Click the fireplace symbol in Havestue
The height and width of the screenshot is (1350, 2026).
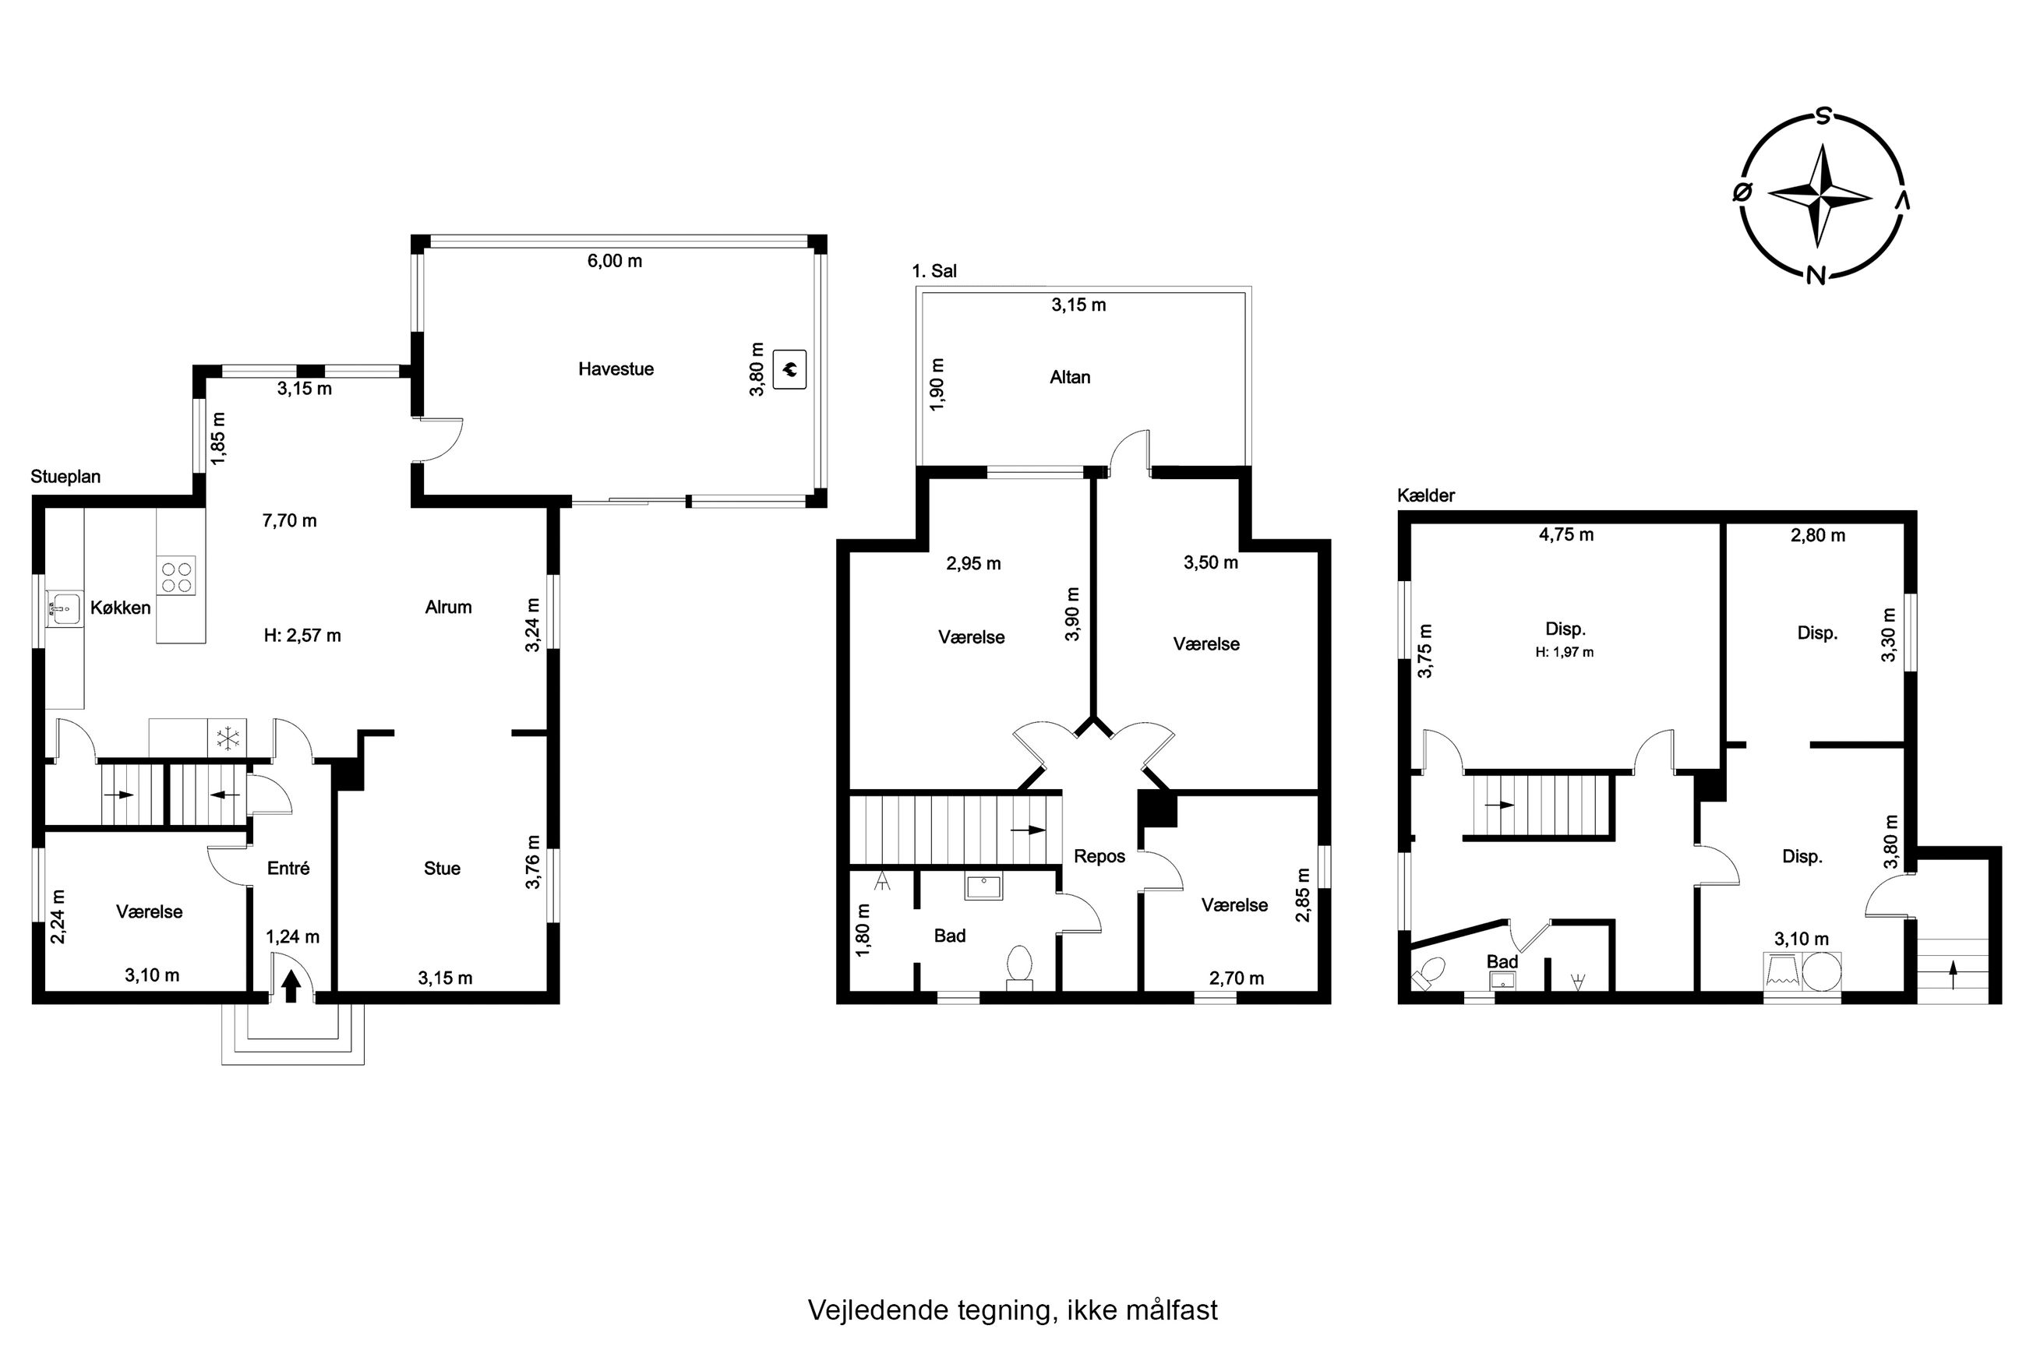789,369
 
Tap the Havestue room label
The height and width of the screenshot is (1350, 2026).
616,369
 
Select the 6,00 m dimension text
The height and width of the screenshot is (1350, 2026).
615,261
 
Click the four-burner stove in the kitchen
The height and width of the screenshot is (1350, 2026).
175,575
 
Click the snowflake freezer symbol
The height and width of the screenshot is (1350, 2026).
228,738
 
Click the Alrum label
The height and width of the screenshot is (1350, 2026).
449,607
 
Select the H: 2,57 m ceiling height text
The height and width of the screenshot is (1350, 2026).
302,636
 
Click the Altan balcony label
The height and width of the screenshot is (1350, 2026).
1070,377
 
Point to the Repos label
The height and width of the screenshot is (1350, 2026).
1099,857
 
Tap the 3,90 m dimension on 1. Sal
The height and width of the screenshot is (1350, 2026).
1072,614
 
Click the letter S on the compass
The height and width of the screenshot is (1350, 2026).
1823,117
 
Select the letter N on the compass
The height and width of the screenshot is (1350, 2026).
1816,275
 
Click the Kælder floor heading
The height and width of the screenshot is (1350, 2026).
1426,496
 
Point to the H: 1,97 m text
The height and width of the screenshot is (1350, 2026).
1565,653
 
